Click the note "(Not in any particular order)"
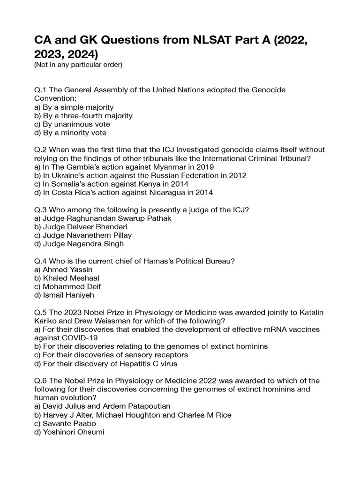(78, 65)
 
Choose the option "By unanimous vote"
(72, 124)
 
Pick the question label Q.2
(40, 150)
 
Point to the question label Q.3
(40, 210)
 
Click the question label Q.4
(40, 261)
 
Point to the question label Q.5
(40, 312)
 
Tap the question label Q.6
(40, 381)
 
